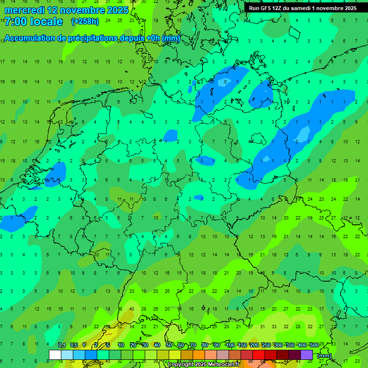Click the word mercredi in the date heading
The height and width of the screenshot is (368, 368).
(24, 10)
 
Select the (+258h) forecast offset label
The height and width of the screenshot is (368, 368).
(85, 22)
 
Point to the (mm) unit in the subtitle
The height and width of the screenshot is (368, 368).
(171, 38)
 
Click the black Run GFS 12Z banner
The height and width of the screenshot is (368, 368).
(303, 8)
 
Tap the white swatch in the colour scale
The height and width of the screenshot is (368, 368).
(55, 355)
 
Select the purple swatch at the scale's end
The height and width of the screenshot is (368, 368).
(307, 355)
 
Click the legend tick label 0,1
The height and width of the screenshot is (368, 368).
(62, 345)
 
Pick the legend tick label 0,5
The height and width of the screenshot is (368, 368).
(74, 345)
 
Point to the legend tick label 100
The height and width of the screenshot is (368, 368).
(230, 345)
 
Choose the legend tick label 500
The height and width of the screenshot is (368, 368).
(314, 345)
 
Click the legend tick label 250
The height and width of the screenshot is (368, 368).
(266, 345)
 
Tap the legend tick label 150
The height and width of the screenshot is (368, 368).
(242, 345)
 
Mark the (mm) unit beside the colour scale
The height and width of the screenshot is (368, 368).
(324, 356)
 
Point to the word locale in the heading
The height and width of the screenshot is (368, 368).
(46, 22)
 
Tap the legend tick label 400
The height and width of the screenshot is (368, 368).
(302, 345)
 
